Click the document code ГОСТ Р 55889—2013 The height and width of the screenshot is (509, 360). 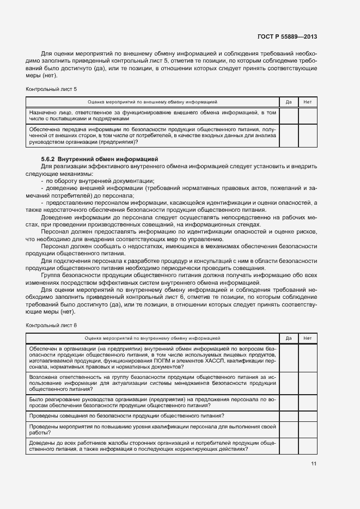[x=286, y=36]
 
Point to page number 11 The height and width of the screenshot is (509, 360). [x=313, y=463]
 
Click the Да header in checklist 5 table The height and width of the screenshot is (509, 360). [x=289, y=102]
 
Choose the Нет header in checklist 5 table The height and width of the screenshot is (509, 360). [x=307, y=102]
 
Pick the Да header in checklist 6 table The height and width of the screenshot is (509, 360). [x=289, y=338]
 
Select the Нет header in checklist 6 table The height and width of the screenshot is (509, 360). [x=307, y=338]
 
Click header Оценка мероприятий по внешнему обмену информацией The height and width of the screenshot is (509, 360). [x=152, y=102]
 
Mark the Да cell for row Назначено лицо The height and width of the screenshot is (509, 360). [x=289, y=115]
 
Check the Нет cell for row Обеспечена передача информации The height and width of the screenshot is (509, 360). [x=307, y=136]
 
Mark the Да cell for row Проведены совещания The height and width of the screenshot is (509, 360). [x=289, y=416]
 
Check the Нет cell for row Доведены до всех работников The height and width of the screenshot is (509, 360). [x=307, y=446]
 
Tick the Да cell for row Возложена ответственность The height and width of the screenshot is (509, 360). [x=289, y=383]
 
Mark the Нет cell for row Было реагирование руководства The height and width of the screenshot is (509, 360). [x=307, y=402]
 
